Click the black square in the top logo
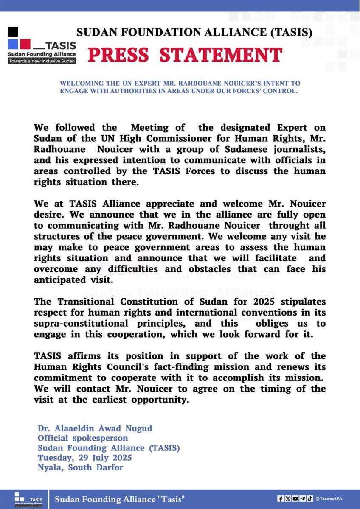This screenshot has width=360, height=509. click(x=13, y=32)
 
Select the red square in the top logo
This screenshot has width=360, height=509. click(x=25, y=44)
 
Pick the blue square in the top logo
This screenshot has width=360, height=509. click(x=13, y=44)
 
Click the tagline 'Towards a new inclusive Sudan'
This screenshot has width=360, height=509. click(x=42, y=62)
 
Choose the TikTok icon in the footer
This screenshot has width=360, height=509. click(x=310, y=498)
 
